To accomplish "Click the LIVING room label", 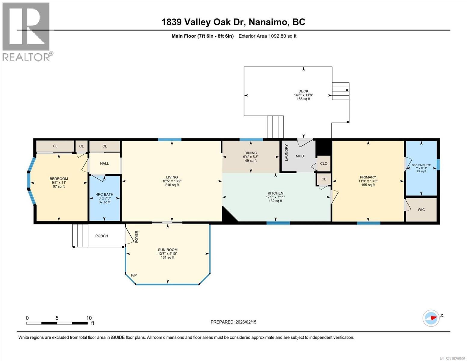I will (x=172, y=177).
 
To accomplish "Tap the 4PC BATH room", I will (x=105, y=198).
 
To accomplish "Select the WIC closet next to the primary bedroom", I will (x=421, y=210).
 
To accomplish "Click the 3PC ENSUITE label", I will (x=421, y=165).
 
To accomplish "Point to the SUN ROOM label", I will (x=168, y=250).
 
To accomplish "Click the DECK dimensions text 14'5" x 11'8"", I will (x=303, y=95).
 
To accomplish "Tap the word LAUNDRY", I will (x=287, y=153).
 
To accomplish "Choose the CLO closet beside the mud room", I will (x=324, y=164).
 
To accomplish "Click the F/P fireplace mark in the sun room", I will (x=134, y=275).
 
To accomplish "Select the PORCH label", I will (x=102, y=236).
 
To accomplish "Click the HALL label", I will (x=104, y=163).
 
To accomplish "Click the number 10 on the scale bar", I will (x=89, y=318).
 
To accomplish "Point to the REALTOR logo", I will (x=26, y=32).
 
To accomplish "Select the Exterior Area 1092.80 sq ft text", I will (x=267, y=36).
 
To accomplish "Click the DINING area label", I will (x=250, y=153).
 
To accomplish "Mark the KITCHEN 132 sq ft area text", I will (x=275, y=201).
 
